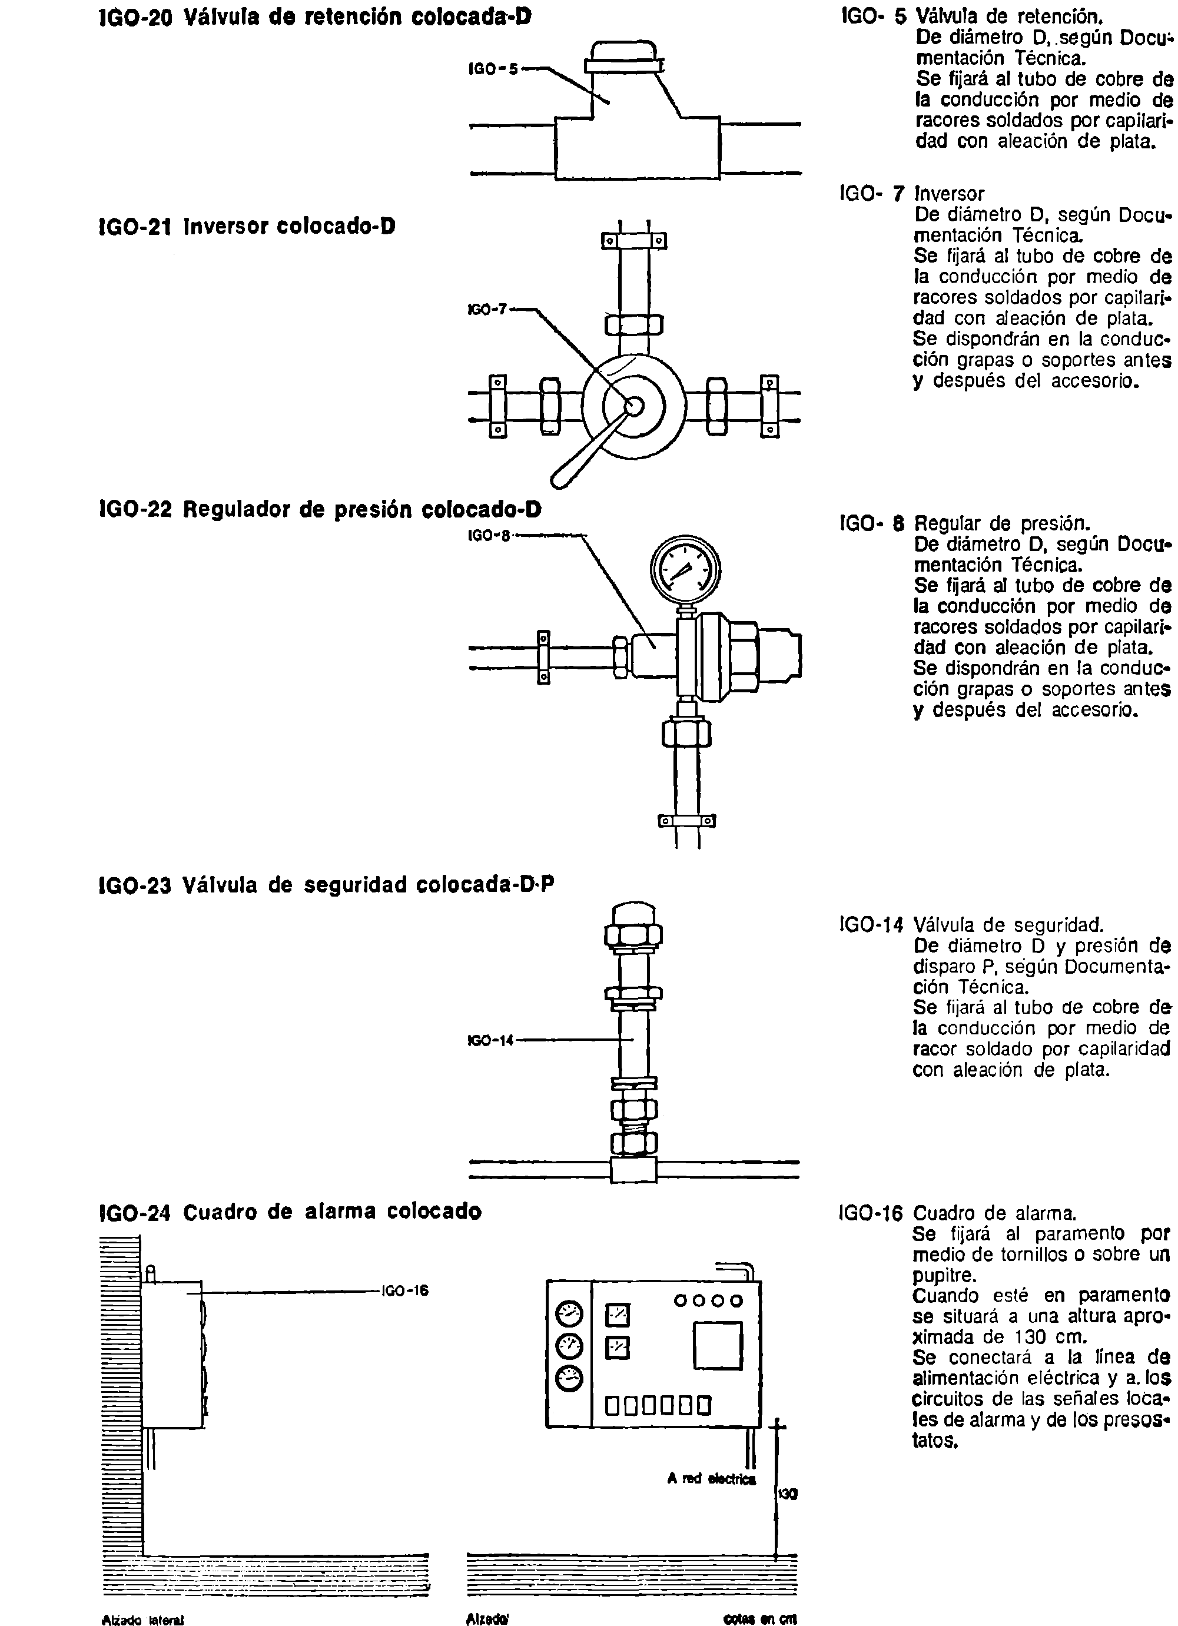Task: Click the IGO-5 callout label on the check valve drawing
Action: point(493,69)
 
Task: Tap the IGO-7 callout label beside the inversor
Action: point(487,309)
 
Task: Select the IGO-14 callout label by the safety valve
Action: point(491,1040)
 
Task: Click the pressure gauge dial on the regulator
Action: point(685,570)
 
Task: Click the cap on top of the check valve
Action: point(622,57)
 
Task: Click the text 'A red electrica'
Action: point(711,1479)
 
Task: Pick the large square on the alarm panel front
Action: point(717,1346)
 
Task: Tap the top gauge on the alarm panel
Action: point(569,1315)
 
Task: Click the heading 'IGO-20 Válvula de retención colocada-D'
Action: point(315,16)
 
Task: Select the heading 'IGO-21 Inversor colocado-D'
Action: point(247,227)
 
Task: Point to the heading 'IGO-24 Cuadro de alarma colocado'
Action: point(290,1212)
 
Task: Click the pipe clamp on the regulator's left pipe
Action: point(543,658)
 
